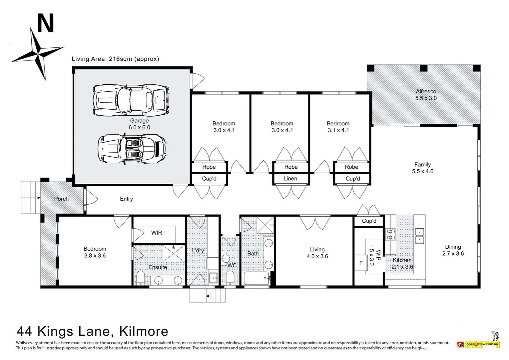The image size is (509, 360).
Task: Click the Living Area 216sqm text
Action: (115, 59)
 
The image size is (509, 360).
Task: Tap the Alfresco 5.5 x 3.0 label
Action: (426, 95)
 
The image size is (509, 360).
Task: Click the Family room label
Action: (422, 168)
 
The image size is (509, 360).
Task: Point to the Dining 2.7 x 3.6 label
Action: (453, 250)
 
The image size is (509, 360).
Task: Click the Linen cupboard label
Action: (290, 179)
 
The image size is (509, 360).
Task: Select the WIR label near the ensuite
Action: (157, 233)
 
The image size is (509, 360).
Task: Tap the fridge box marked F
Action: (361, 263)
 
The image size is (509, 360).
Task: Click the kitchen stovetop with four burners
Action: (390, 234)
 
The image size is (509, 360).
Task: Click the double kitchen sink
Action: (419, 236)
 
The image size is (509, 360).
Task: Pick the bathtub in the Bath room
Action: (256, 278)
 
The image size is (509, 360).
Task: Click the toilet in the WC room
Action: (230, 277)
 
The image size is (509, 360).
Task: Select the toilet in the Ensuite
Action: (140, 278)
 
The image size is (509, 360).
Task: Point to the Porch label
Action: (61, 199)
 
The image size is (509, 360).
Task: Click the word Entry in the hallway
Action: (126, 199)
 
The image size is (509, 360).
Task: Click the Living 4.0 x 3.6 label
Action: (317, 253)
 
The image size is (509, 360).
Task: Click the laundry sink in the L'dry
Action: (213, 277)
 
